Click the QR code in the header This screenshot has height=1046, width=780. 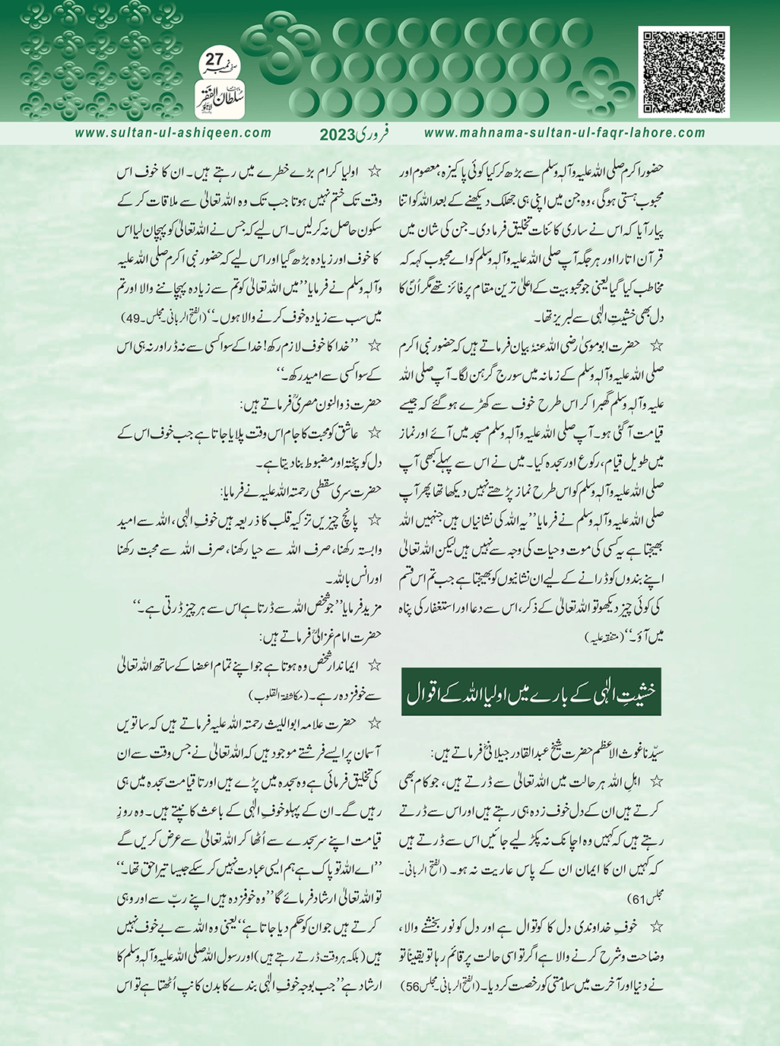coord(685,71)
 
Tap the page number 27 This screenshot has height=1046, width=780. coord(216,60)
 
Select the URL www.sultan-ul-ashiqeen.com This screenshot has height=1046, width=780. coord(173,132)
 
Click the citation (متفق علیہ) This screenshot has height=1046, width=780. coord(609,633)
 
